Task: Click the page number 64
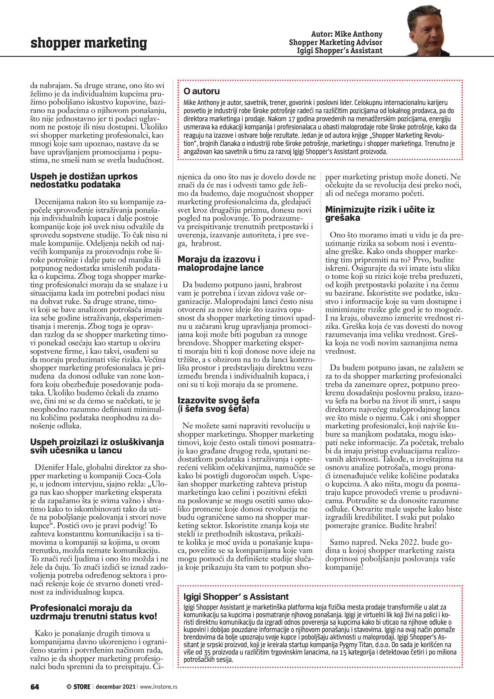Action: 35,687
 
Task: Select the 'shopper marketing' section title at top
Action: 88,43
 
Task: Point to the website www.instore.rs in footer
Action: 158,687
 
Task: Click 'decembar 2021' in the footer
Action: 116,687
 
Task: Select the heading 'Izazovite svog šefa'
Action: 218,404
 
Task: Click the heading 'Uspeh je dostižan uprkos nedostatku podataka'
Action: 84,180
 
